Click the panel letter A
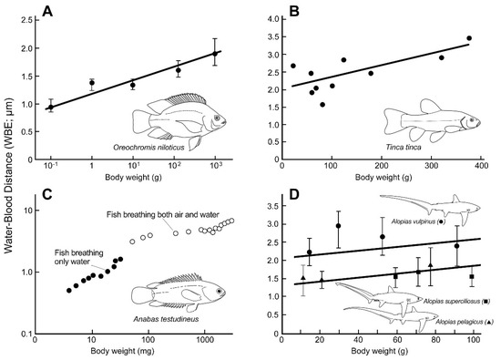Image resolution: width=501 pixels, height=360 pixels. point(47,12)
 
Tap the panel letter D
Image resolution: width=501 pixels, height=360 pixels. point(294,195)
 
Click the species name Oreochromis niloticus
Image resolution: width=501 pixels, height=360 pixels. point(148,148)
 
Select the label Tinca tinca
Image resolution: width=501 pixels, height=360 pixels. point(404,147)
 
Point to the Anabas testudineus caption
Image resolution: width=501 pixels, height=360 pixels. point(166,319)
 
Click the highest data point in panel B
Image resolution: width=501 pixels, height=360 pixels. point(469,38)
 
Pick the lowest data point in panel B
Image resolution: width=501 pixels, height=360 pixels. point(322,105)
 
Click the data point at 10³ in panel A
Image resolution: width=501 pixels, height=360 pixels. point(215,54)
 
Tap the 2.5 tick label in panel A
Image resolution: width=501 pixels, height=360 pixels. point(27,20)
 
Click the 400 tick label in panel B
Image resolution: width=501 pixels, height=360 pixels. point(481,166)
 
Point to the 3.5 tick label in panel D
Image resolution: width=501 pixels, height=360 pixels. point(274,206)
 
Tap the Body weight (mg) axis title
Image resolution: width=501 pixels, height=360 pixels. point(122,351)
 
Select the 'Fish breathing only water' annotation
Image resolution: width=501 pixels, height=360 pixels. point(78,257)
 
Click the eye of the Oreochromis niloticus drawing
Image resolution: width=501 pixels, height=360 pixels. point(217,118)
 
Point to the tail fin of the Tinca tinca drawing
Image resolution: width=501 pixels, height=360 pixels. point(393,122)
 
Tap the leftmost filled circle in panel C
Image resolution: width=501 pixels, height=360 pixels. point(69,291)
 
